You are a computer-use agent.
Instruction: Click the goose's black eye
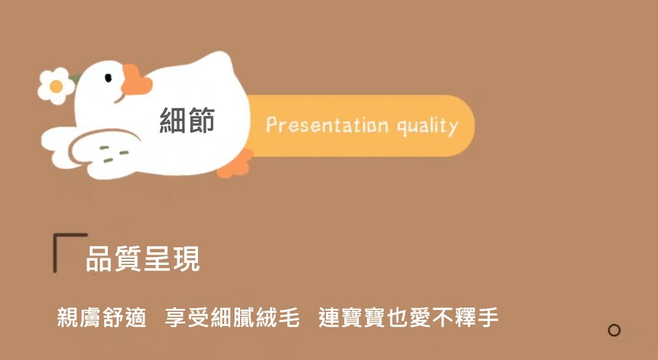coord(108,77)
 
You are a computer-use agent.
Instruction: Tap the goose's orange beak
coord(136,80)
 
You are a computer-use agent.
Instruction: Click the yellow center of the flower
coord(56,86)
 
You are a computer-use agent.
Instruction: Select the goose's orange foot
coord(235,164)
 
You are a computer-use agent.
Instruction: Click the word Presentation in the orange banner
coord(327,125)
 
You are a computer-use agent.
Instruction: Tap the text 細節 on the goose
coord(187,120)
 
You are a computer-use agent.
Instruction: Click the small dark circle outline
coord(614,330)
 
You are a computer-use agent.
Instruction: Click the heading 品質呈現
coord(143,259)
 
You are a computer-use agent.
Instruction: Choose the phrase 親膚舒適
coord(102,317)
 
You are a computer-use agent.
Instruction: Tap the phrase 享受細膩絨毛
coord(232,317)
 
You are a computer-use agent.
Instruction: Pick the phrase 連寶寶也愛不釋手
coord(408,317)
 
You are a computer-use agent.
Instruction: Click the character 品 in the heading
coord(99,259)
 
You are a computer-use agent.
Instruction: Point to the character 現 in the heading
coord(187,259)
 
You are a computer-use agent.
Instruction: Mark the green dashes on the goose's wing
coord(114,154)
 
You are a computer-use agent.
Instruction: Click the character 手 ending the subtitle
coord(487,317)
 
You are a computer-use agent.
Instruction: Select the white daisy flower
coord(56,86)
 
